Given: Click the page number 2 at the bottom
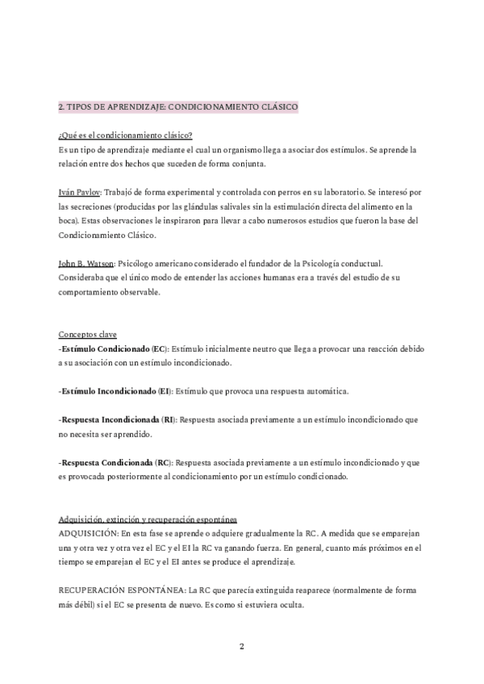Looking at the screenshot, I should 242,646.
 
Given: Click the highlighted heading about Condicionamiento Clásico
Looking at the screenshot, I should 178,106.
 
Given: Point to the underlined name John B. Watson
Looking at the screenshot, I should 86,263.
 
